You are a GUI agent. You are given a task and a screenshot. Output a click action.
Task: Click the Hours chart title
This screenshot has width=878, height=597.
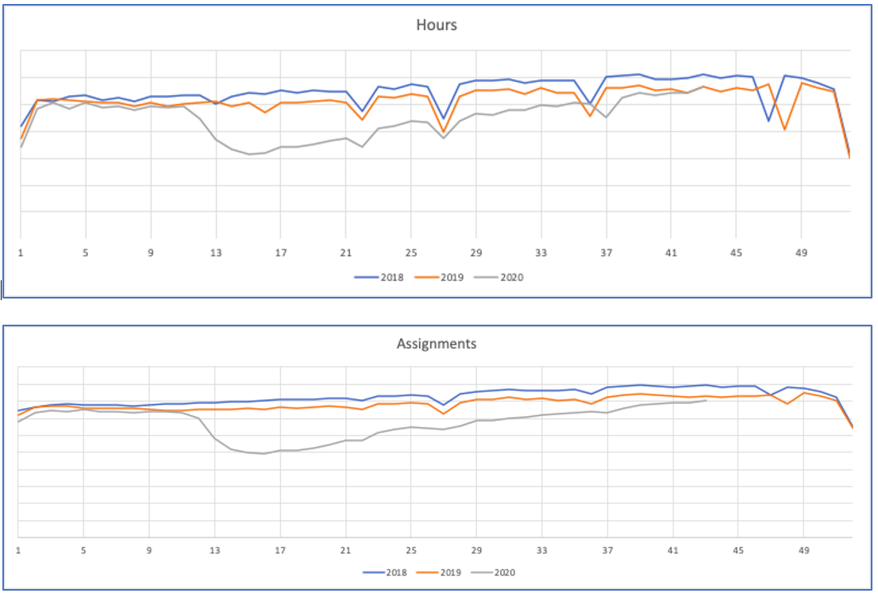(x=437, y=25)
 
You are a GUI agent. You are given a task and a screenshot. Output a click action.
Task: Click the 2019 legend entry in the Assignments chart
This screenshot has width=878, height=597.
(x=440, y=572)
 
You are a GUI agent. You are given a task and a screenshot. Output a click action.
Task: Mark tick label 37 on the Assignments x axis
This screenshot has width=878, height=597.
(x=607, y=549)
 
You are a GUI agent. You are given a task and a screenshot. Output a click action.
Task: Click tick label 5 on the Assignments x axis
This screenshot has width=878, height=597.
(x=83, y=549)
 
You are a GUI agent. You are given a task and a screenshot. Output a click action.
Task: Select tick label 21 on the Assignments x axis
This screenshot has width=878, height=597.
(x=345, y=549)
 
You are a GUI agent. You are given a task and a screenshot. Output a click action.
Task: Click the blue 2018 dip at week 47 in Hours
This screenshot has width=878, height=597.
(x=768, y=121)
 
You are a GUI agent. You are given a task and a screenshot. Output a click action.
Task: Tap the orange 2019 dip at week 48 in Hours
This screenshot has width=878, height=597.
(x=785, y=129)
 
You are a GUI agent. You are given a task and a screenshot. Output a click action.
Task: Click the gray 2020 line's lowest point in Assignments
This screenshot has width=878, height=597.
(x=264, y=453)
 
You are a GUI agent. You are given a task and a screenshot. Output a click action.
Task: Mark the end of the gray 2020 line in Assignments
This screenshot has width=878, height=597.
(x=706, y=400)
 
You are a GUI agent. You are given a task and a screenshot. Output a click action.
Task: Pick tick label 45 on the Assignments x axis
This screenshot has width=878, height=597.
(x=737, y=549)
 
